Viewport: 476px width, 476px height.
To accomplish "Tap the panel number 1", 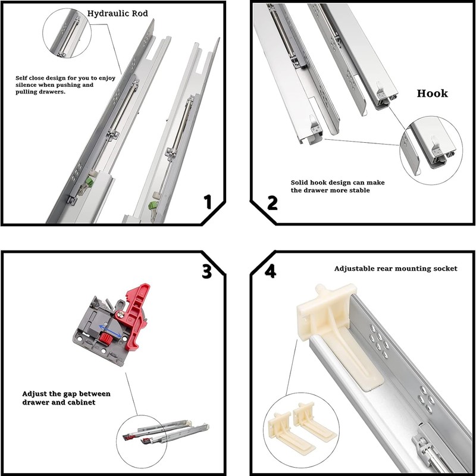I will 207,202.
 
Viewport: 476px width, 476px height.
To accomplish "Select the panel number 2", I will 272,202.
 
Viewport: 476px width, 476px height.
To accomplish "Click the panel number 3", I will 206,271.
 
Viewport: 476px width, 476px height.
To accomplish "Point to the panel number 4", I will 271,271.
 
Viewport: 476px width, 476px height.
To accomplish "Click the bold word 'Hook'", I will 432,93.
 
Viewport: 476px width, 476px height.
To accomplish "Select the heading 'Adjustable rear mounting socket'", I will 395,268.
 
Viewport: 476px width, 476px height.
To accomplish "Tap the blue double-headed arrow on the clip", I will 111,330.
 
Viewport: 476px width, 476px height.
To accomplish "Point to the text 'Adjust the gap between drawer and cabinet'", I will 66,398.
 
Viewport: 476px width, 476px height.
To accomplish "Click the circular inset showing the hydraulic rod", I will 67,33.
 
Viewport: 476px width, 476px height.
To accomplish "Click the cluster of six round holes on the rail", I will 376,340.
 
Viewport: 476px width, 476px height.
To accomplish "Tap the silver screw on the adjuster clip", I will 120,311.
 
